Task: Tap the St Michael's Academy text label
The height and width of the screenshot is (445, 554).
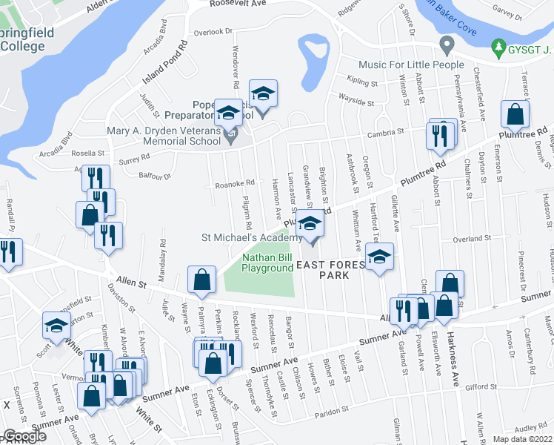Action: coord(251,238)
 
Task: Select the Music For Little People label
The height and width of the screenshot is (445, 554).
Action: coord(412,65)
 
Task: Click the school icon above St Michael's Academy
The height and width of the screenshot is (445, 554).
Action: coord(312,222)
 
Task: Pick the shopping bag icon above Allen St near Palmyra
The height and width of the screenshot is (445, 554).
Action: coord(201,280)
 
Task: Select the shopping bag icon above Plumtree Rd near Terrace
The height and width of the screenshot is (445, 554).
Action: coord(515,113)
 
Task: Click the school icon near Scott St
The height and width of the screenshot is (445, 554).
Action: coord(56,326)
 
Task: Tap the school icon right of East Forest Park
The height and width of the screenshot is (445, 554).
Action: coord(379,257)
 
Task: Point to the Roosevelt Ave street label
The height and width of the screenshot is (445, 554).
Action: coord(216,4)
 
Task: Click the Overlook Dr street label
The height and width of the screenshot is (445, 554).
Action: coord(213,32)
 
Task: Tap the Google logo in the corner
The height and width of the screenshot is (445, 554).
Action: coord(24,436)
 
